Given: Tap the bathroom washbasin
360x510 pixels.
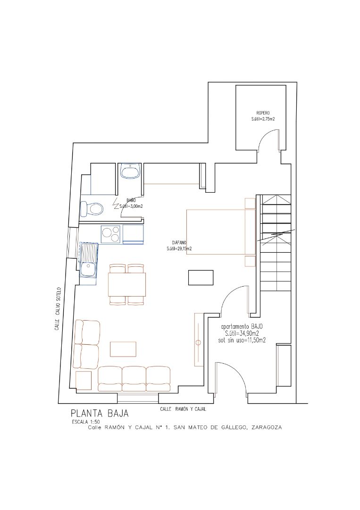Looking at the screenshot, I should pyautogui.click(x=130, y=170).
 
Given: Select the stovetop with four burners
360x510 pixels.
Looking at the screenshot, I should pyautogui.click(x=111, y=232).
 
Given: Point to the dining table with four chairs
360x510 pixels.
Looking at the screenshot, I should pyautogui.click(x=127, y=284).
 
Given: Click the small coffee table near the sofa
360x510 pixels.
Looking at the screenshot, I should pyautogui.click(x=124, y=349).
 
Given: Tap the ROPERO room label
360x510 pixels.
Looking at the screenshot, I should pyautogui.click(x=263, y=113).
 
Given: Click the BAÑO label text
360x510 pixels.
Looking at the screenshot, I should pyautogui.click(x=131, y=201).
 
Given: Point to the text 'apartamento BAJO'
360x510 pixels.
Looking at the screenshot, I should pyautogui.click(x=242, y=327).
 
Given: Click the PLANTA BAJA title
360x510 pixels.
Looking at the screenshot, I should pyautogui.click(x=100, y=413).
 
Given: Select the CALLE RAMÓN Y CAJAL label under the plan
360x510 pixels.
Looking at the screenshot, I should pyautogui.click(x=184, y=408).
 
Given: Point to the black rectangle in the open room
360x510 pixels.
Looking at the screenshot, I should pyautogui.click(x=201, y=277).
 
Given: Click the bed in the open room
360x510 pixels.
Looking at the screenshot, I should pyautogui.click(x=217, y=231).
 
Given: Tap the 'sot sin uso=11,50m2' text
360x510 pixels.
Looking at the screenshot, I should pyautogui.click(x=242, y=340).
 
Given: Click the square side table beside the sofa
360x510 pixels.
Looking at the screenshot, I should pyautogui.click(x=84, y=381).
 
